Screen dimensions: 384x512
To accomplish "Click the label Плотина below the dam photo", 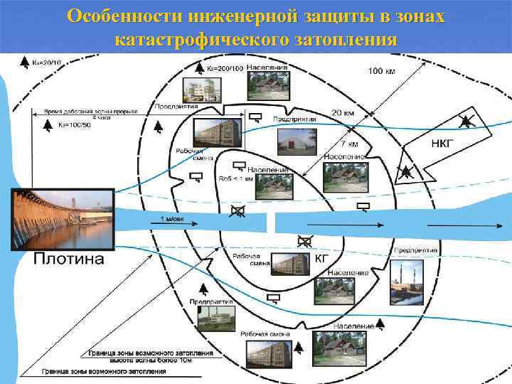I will [68, 259].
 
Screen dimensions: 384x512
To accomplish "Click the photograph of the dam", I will [63, 219].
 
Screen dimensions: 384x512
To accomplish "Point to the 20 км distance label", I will [341, 114].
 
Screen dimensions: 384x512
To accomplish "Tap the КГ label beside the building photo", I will [321, 260].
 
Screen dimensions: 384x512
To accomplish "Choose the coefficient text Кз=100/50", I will [73, 125].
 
